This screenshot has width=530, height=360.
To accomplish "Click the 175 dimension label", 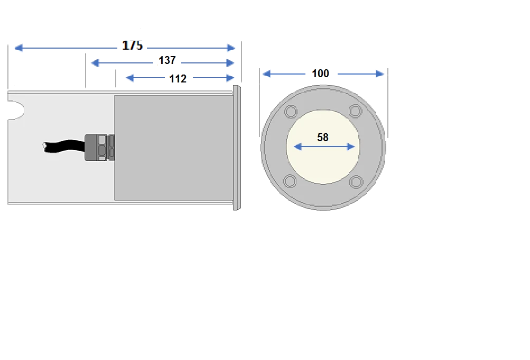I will [132, 45].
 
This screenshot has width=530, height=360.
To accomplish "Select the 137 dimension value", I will [167, 61].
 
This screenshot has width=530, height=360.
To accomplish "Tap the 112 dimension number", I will [178, 79].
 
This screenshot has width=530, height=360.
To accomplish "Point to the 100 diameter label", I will [321, 74].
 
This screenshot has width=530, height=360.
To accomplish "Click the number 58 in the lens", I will [323, 137].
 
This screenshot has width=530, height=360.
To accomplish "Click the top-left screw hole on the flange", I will [291, 112].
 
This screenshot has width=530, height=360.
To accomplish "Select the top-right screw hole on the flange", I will [355, 112].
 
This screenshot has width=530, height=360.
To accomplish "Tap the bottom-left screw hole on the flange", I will [290, 182].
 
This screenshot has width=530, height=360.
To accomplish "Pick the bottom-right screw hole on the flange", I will [356, 182].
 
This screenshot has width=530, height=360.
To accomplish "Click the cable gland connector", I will [100, 147].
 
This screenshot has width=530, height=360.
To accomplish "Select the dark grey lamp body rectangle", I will [173, 147].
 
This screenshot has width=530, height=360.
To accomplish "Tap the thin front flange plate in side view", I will [236, 148].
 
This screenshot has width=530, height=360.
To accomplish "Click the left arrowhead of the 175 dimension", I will [18, 49].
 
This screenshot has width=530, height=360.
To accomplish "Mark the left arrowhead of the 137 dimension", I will [95, 63].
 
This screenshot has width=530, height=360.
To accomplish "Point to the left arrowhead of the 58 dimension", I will [297, 147].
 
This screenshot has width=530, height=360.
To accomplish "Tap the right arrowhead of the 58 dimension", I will [351, 147].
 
